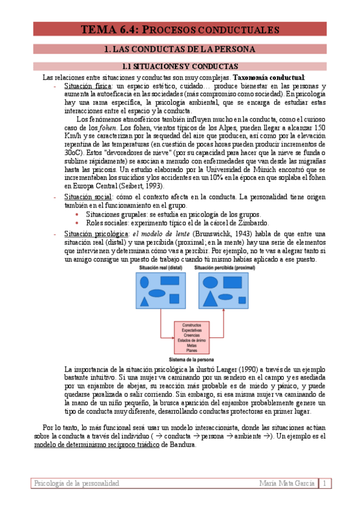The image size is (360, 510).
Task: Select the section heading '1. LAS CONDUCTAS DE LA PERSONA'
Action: [x=180, y=49]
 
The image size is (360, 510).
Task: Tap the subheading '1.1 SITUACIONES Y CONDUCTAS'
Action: [x=180, y=66]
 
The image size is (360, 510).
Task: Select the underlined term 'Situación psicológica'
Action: [x=96, y=234]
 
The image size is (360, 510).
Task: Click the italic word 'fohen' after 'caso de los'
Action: [x=108, y=128]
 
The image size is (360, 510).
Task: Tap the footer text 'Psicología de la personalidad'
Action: [x=76, y=484]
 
